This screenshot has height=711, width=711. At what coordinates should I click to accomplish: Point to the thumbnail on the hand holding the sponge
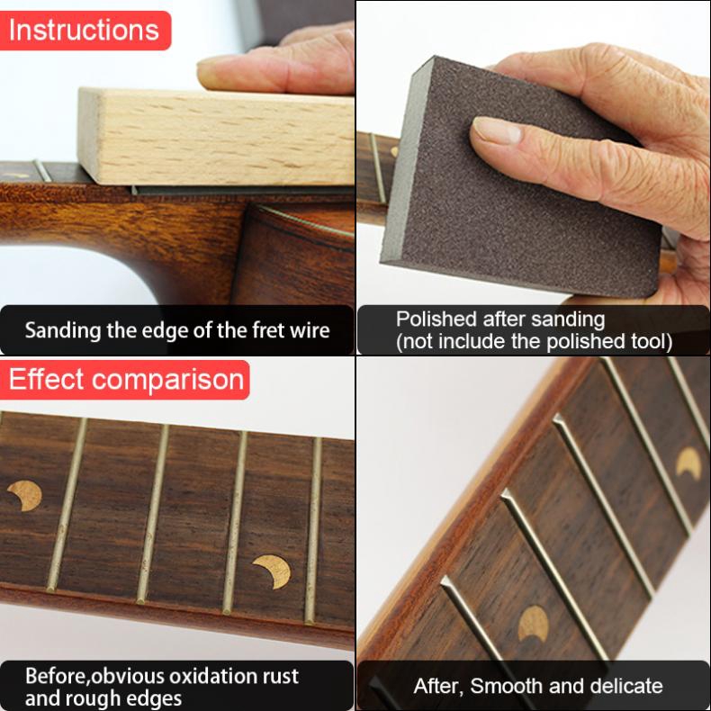[497, 130]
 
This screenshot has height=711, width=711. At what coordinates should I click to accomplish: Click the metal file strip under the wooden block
[243, 190]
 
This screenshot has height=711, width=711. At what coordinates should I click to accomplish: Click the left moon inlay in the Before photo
[25, 494]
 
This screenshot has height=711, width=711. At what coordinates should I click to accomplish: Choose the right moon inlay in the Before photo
[271, 571]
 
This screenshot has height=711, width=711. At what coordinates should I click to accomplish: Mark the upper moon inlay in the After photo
[688, 463]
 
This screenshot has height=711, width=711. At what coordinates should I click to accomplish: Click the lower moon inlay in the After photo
[534, 623]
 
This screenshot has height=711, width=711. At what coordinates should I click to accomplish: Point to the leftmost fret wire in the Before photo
[67, 504]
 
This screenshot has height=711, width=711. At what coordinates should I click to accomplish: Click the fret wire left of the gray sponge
[378, 167]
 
